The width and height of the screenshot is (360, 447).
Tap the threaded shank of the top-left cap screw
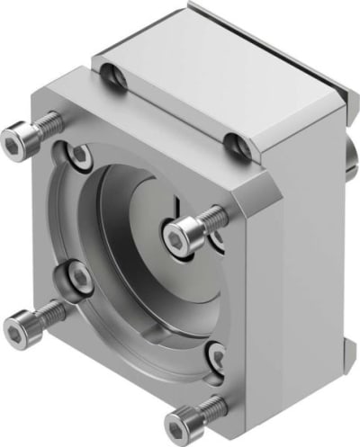[45, 123]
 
